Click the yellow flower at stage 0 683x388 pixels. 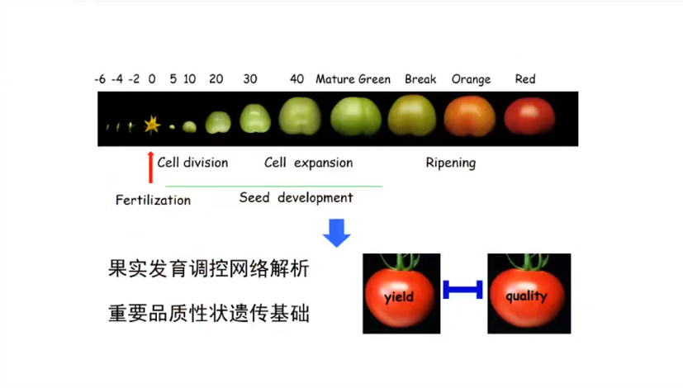152,125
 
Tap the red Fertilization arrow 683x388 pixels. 150,168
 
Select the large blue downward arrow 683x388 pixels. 336,233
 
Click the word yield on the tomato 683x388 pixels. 399,297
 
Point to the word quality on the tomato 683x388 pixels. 526,296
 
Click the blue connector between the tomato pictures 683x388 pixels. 462,290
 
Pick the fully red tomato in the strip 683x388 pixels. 529,116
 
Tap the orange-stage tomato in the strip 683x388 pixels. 470,116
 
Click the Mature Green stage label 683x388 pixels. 353,79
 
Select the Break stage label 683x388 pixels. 420,78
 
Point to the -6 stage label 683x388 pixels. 100,79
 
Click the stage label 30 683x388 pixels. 250,78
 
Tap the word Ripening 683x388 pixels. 450,163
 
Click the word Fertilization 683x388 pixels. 153,200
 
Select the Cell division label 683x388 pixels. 192,163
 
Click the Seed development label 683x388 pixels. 296,197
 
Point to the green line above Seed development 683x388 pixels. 273,187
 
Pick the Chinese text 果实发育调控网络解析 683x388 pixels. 209,268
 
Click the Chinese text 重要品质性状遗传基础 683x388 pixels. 209,314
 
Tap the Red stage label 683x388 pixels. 525,78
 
